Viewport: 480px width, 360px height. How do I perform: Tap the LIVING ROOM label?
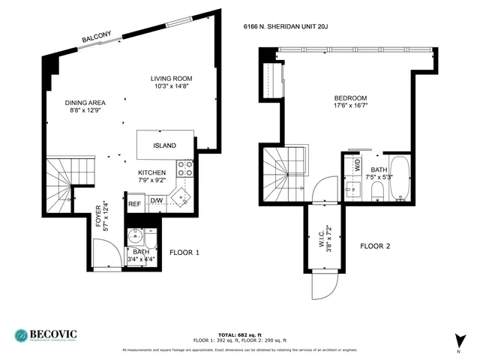(171, 79)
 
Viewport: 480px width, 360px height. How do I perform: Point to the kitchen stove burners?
(184, 167)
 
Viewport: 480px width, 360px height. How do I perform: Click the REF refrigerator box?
(135, 203)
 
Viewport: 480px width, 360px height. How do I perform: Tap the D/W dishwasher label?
(157, 201)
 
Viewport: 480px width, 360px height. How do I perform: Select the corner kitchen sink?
(180, 197)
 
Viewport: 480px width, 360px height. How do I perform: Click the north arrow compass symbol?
(457, 340)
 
